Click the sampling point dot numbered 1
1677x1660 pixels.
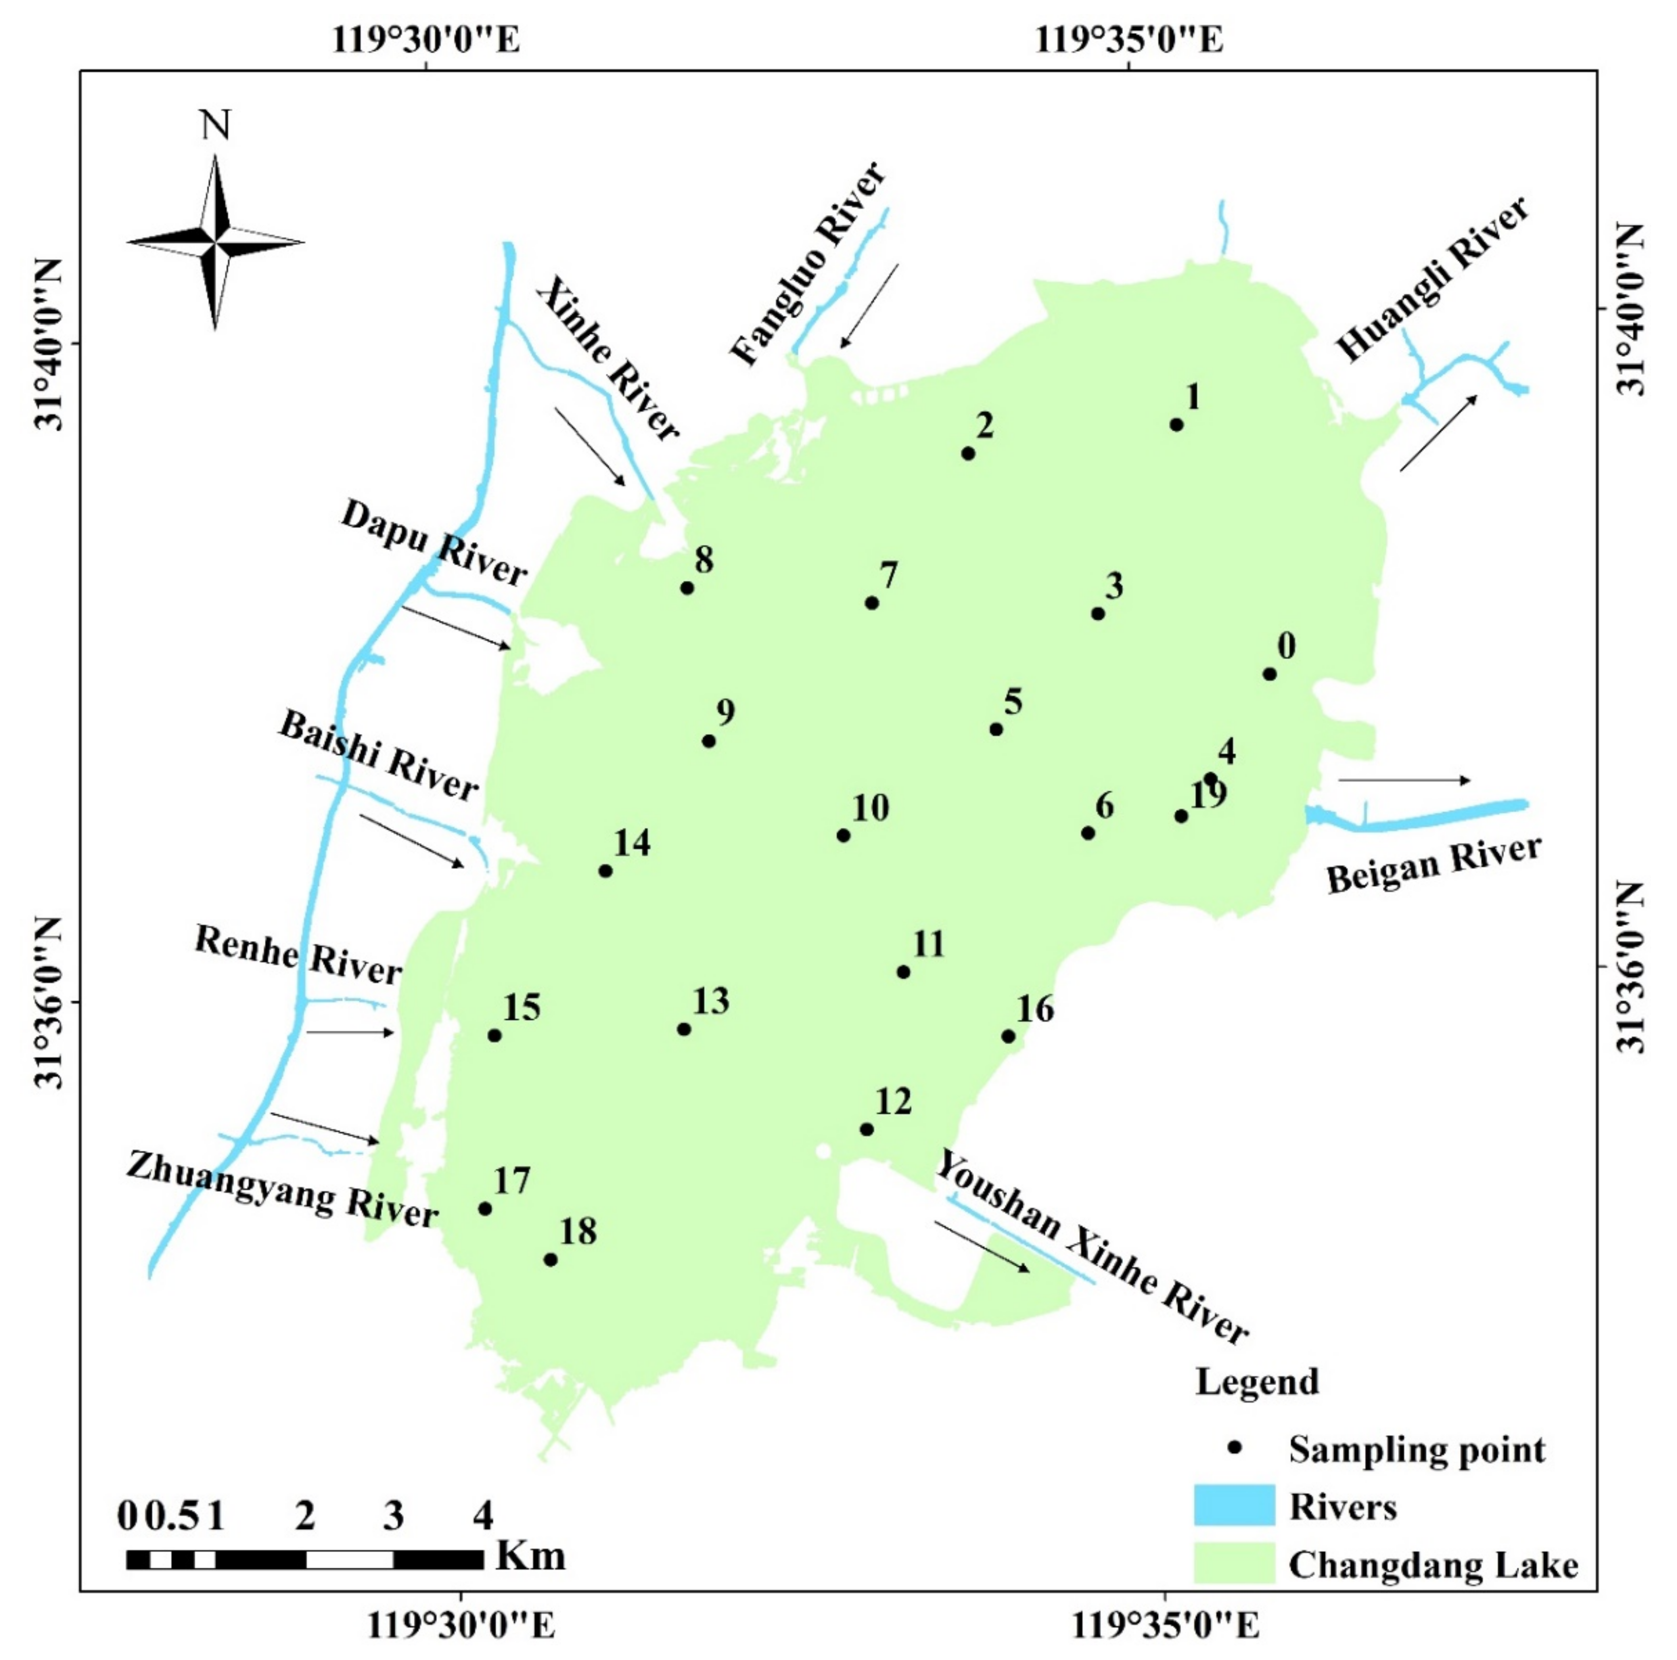click(x=1176, y=424)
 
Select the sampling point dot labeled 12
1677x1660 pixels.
click(x=866, y=1129)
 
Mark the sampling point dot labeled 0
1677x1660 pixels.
click(x=1269, y=673)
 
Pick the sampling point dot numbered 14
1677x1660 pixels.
click(x=605, y=871)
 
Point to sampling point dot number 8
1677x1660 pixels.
click(x=687, y=587)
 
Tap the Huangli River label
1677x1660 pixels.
click(x=1432, y=280)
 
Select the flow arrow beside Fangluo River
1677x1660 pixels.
click(x=869, y=305)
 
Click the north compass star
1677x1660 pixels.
click(x=215, y=242)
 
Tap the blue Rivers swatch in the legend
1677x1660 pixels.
click(x=1234, y=1505)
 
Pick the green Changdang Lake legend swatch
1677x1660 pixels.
click(x=1234, y=1563)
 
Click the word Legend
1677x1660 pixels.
click(x=1256, y=1380)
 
